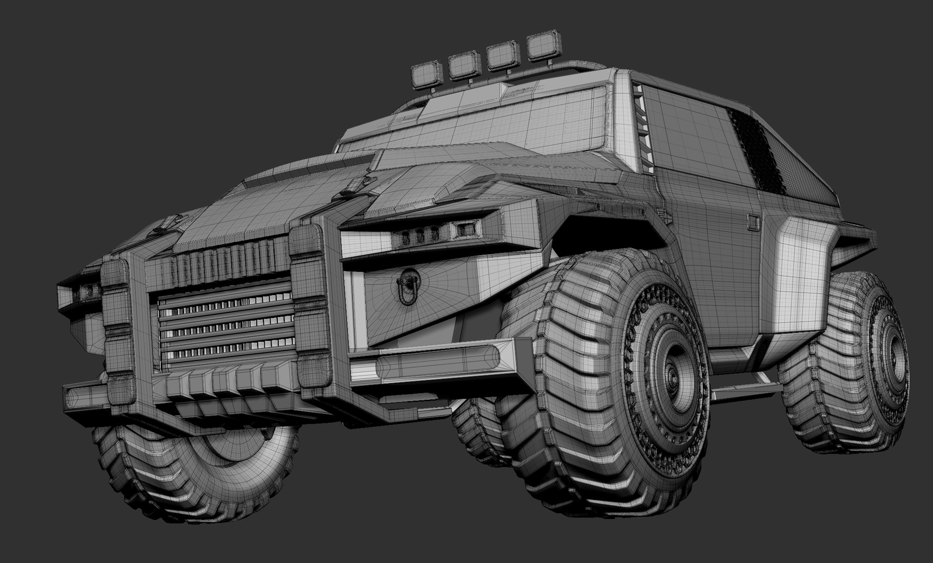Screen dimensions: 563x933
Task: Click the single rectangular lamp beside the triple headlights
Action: [463, 227]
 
